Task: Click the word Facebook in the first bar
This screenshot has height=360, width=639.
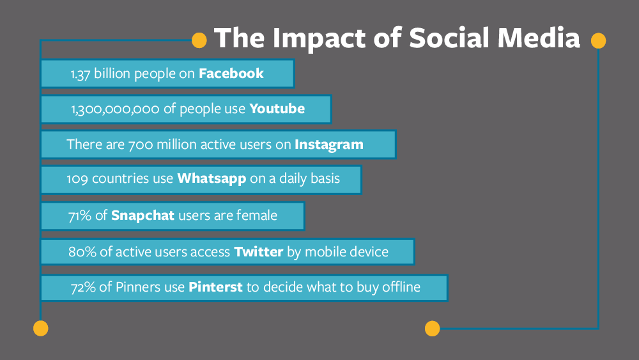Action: tap(231, 74)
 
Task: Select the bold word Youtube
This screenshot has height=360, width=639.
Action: tap(277, 109)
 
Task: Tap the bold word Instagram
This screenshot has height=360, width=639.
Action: tap(329, 145)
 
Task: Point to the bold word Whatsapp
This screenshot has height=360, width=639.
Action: tap(212, 179)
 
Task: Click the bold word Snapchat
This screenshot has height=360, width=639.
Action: tap(142, 215)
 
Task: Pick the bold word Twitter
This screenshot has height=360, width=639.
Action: tap(258, 251)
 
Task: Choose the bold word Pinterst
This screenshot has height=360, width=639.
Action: tap(215, 287)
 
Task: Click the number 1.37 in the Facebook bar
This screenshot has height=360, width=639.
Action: tap(81, 74)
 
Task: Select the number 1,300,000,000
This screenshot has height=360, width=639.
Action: tap(115, 109)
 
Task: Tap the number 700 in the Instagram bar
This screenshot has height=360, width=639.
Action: tap(141, 145)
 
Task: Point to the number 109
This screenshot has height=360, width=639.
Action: tap(77, 179)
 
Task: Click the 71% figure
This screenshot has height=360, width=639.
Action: tap(80, 215)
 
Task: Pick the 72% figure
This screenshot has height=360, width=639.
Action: tap(83, 288)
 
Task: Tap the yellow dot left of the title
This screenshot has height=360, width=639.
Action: tap(199, 40)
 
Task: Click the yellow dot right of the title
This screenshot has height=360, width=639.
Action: tap(598, 41)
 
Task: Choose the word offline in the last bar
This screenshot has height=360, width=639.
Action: tap(401, 287)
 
